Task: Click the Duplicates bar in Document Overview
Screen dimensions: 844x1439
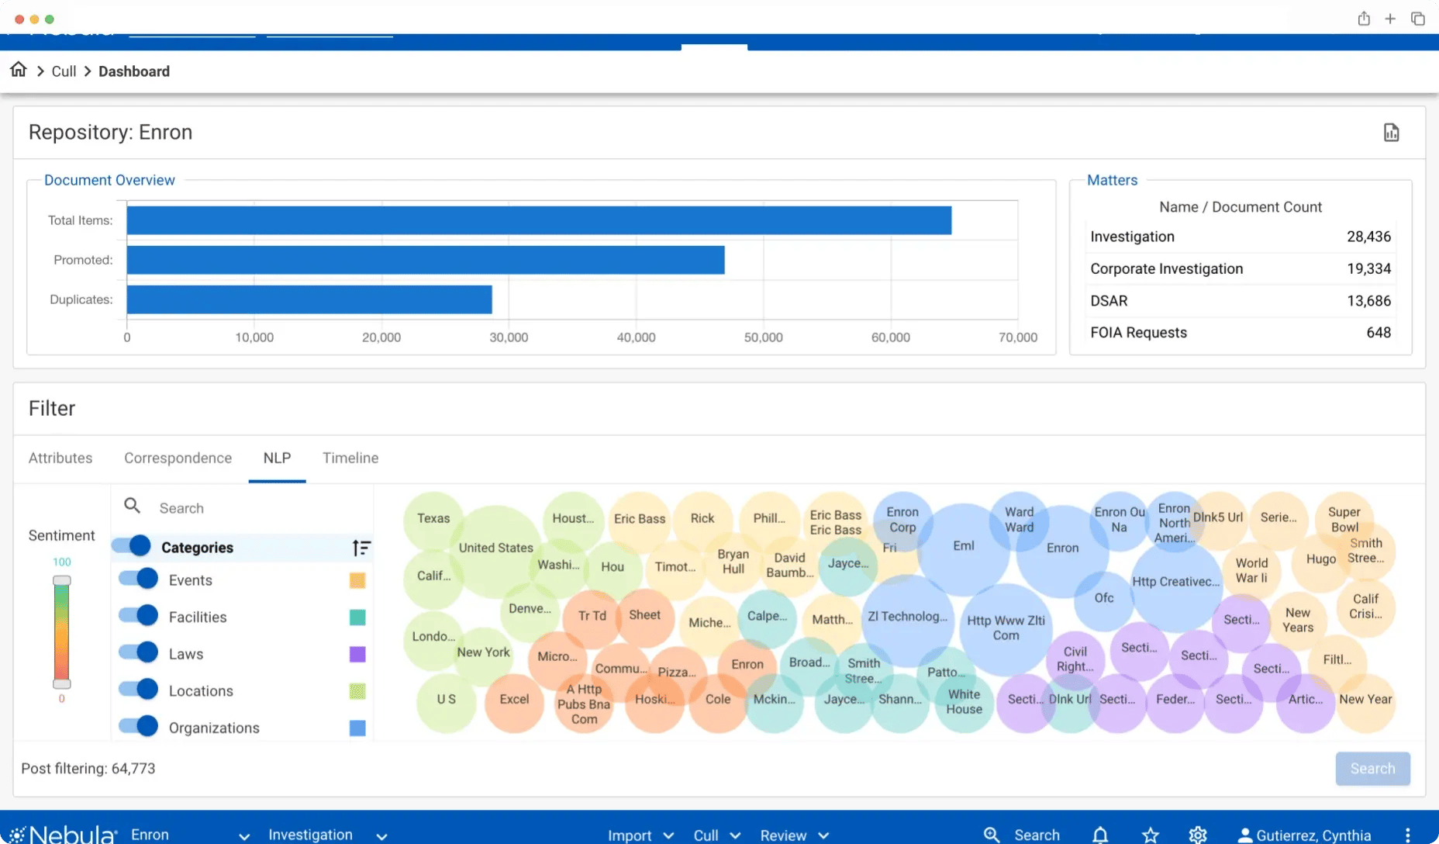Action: click(309, 299)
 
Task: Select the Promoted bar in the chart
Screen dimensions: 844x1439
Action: click(425, 260)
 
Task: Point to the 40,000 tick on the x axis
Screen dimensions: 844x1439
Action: click(636, 337)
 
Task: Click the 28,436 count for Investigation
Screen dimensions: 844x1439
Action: click(1368, 237)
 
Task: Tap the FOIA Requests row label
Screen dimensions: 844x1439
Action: click(1138, 333)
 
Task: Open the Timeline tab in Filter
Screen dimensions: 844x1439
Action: click(350, 458)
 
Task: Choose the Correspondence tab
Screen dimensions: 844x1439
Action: click(178, 458)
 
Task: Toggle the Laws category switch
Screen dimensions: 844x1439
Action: click(139, 653)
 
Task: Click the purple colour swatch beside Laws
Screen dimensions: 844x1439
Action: click(357, 654)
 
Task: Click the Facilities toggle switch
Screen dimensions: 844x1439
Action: click(139, 616)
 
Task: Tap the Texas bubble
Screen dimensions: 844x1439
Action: click(433, 518)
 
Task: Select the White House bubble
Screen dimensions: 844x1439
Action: click(964, 702)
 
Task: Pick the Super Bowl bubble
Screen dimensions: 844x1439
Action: click(1344, 519)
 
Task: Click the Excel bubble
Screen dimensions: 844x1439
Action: click(514, 699)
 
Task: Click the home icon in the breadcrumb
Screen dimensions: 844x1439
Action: click(19, 70)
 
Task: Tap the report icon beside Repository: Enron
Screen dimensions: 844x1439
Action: click(1391, 133)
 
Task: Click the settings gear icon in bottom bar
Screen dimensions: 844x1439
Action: click(1198, 835)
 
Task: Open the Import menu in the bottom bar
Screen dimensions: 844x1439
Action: click(640, 835)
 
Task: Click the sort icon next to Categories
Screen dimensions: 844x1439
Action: click(361, 548)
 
